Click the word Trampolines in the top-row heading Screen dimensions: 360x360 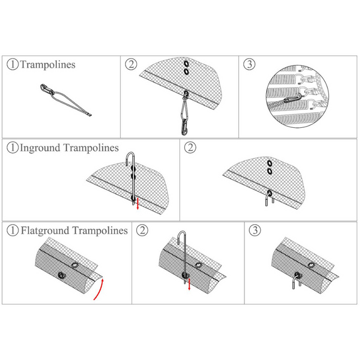47,65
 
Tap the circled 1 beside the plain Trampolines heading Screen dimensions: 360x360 12,65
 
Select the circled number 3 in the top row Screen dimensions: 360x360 249,64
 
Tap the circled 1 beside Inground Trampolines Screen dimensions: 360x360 12,148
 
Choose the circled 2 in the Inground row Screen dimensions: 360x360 190,148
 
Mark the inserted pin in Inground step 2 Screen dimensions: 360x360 268,200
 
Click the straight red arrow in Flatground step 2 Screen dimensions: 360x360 189,284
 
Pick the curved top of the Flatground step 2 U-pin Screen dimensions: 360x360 183,234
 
